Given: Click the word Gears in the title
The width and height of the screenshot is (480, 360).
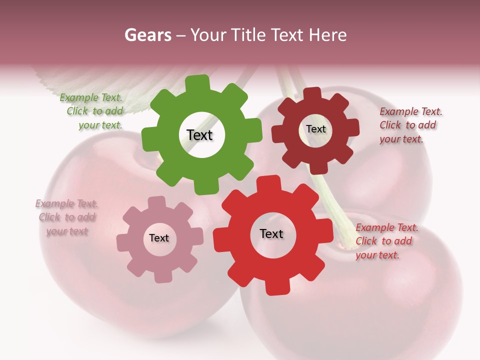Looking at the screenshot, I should [148, 35].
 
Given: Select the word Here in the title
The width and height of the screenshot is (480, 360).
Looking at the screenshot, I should [327, 35].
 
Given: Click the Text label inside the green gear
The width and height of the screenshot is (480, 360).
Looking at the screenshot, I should [199, 135].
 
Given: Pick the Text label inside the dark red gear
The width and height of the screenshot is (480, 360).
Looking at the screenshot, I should [316, 129].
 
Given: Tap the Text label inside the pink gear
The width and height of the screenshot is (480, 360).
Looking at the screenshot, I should [159, 238].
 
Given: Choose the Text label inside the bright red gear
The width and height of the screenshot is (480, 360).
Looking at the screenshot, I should [271, 233].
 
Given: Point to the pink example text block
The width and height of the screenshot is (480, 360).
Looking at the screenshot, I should [66, 217].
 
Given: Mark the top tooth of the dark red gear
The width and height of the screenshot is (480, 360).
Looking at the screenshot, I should [312, 93].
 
